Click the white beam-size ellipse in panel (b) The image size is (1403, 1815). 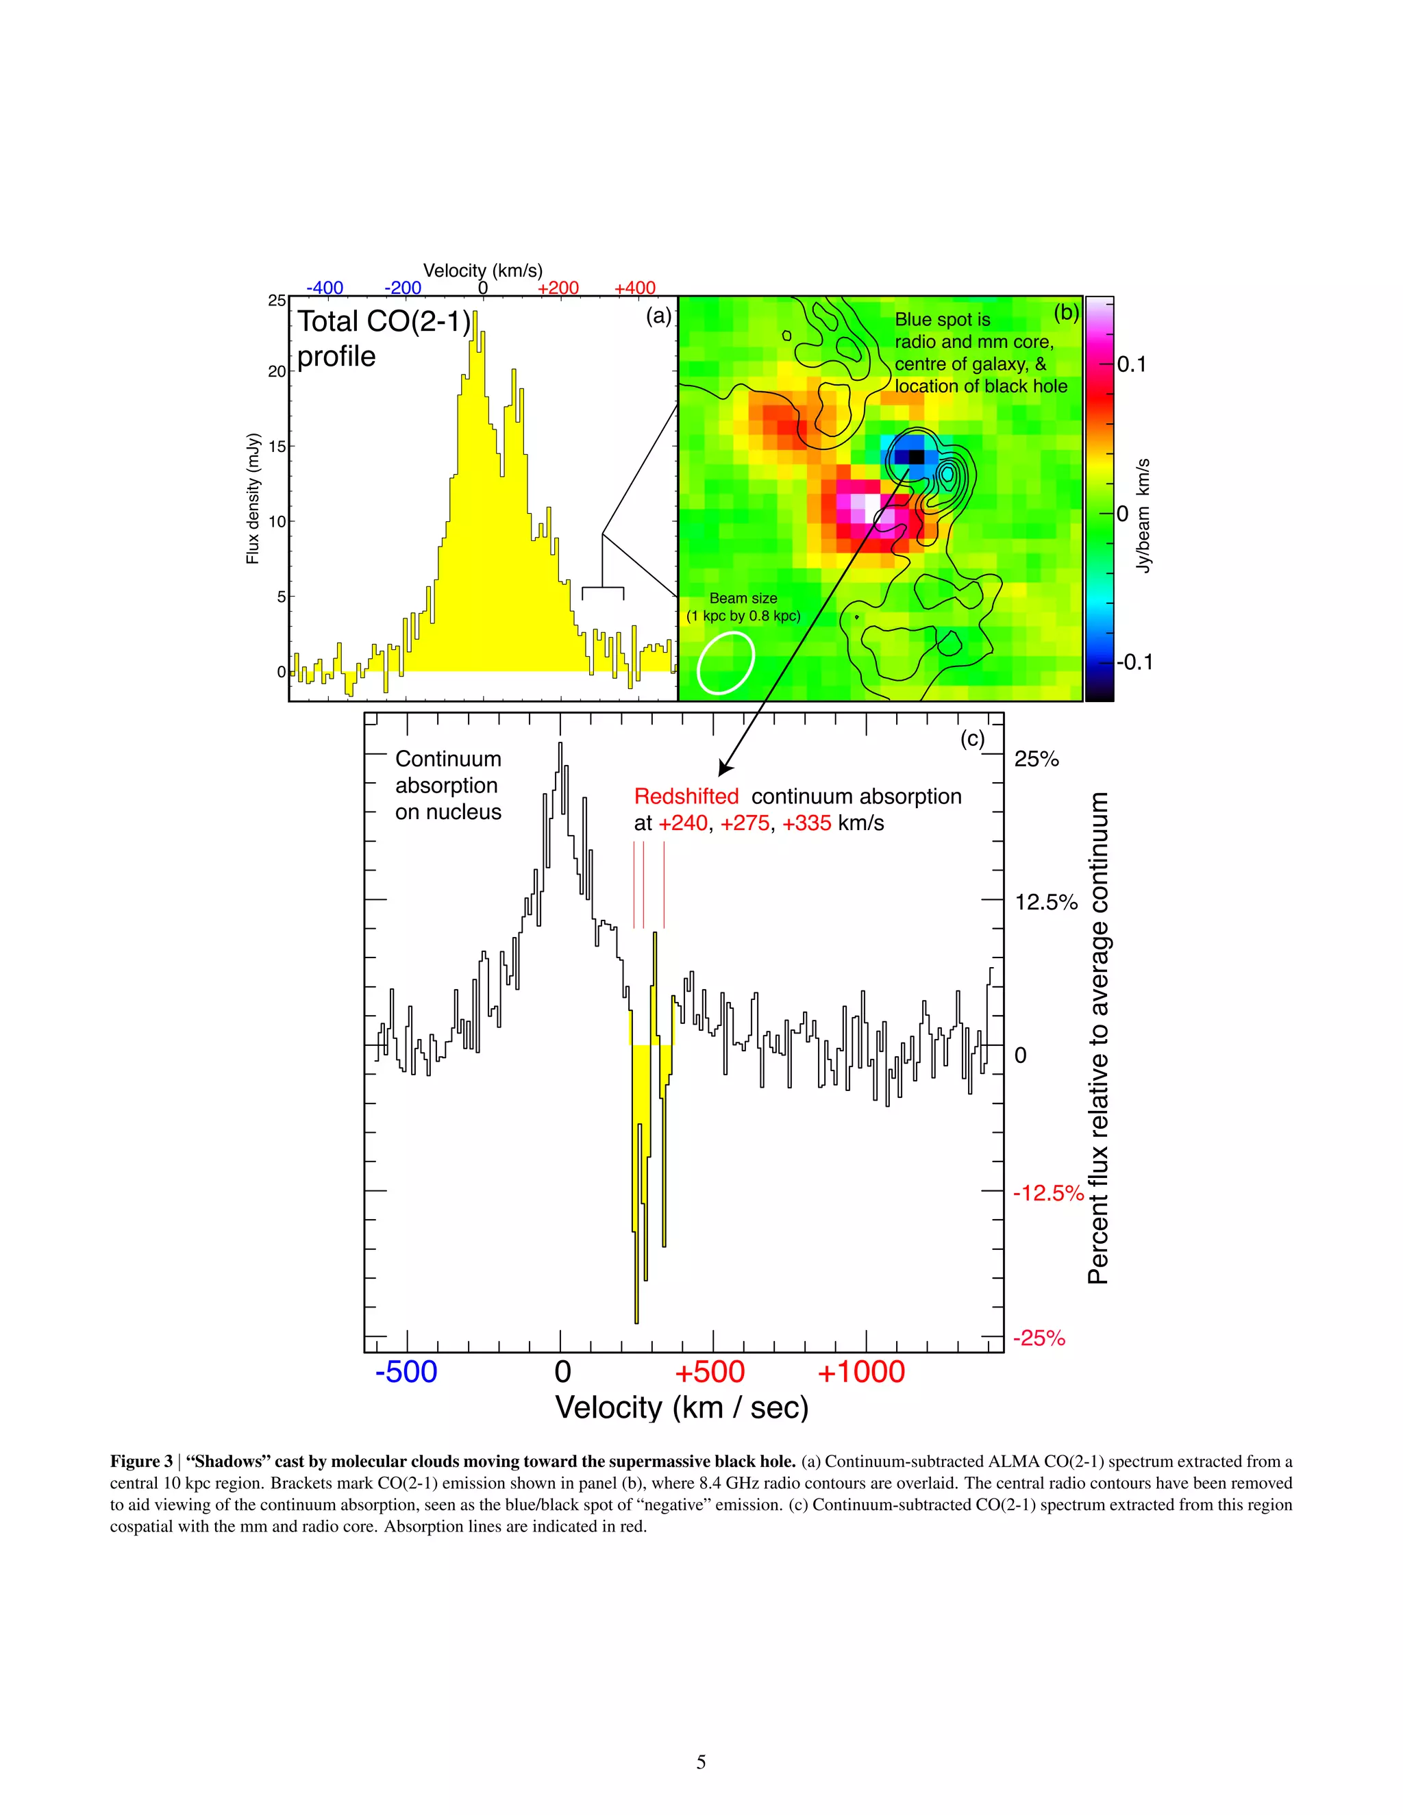pyautogui.click(x=725, y=662)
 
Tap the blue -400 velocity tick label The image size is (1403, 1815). pyautogui.click(x=324, y=288)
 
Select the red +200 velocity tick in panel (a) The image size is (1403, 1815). pyautogui.click(x=558, y=288)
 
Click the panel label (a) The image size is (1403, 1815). pyautogui.click(x=658, y=316)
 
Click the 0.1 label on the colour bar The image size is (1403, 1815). pyautogui.click(x=1131, y=364)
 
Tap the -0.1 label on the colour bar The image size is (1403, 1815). pyautogui.click(x=1134, y=662)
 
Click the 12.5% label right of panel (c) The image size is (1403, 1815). pyautogui.click(x=1045, y=903)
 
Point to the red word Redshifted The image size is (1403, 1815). pyautogui.click(x=686, y=796)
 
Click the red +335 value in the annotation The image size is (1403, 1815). pyautogui.click(x=806, y=823)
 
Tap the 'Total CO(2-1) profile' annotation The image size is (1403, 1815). pyautogui.click(x=382, y=338)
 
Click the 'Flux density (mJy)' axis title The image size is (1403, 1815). pyautogui.click(x=253, y=499)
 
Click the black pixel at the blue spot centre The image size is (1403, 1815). pyautogui.click(x=916, y=456)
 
